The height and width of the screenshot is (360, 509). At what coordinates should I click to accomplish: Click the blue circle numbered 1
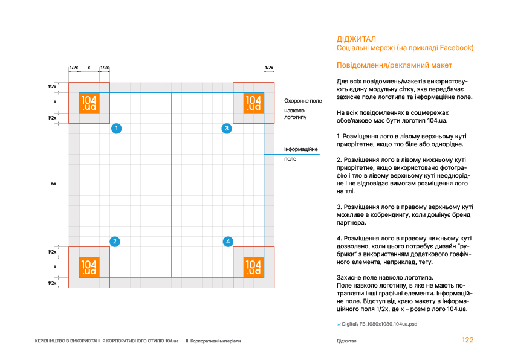(x=117, y=128)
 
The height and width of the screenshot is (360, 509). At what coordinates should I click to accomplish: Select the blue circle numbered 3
(x=226, y=128)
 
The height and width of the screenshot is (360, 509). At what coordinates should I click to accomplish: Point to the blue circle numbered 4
(x=228, y=242)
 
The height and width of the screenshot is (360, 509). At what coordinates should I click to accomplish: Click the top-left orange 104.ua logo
(x=89, y=103)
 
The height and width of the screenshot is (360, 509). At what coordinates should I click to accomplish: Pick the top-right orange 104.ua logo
(x=253, y=103)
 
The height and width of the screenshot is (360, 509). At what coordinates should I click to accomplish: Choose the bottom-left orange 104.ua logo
(x=89, y=267)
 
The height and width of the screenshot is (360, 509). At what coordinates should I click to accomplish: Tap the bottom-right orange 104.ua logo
(x=253, y=267)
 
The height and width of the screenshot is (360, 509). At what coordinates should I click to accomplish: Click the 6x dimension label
(x=54, y=184)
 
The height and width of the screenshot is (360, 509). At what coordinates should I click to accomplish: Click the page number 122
(x=467, y=341)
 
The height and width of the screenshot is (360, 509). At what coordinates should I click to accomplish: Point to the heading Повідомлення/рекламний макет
(x=394, y=65)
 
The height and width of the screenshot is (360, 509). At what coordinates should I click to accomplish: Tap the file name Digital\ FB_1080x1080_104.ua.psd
(x=379, y=324)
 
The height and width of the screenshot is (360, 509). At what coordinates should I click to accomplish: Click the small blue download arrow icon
(x=339, y=324)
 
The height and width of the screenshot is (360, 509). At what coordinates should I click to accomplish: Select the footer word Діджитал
(x=346, y=342)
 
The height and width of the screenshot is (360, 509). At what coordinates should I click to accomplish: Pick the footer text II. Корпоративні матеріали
(x=213, y=342)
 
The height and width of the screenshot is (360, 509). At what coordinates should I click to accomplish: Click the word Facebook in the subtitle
(x=456, y=48)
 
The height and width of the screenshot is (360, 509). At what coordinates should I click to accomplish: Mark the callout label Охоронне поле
(x=303, y=101)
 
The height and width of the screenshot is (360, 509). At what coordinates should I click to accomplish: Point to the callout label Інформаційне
(x=300, y=149)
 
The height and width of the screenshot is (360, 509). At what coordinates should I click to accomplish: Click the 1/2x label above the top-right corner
(x=269, y=68)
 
